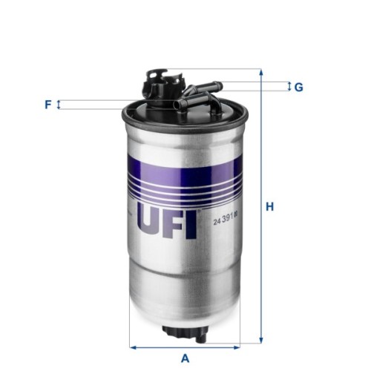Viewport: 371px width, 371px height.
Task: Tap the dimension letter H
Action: [272, 206]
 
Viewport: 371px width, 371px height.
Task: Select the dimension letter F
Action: [47, 105]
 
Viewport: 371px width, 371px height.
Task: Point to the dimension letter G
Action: [298, 88]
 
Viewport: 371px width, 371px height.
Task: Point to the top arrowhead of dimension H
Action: [260, 73]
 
